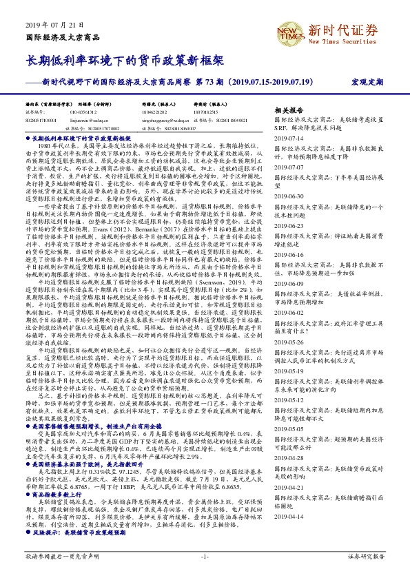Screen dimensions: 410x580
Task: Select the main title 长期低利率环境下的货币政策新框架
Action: pos(124,61)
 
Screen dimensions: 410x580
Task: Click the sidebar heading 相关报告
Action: pos(289,110)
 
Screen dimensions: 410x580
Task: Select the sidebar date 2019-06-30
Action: pos(290,196)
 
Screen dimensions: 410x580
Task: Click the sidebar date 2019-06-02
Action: pos(290,311)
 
